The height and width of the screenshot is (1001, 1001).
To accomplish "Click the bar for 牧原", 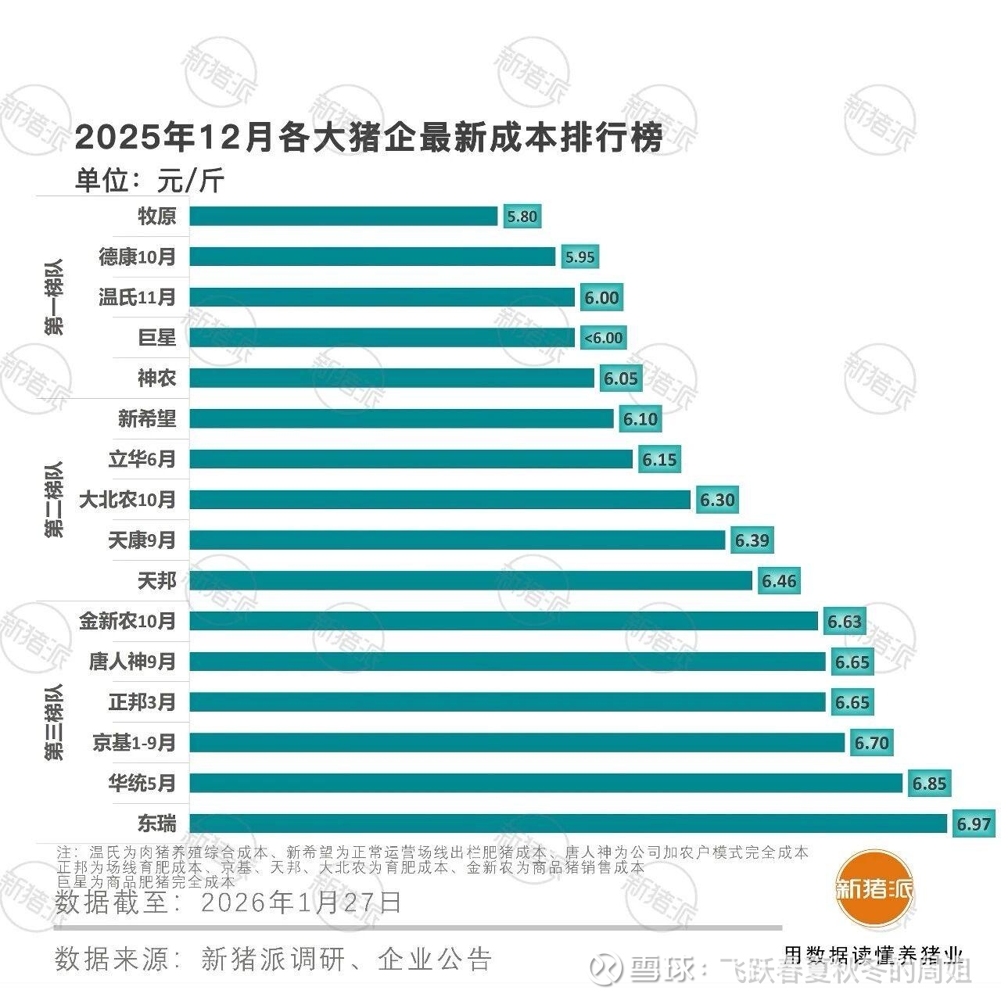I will [x=343, y=216].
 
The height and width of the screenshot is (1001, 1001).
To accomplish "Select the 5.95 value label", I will [x=579, y=257].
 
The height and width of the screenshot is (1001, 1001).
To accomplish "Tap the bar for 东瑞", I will [x=568, y=823].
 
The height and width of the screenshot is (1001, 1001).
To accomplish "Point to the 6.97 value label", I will [x=973, y=823].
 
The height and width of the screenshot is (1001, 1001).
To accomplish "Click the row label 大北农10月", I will [x=127, y=500].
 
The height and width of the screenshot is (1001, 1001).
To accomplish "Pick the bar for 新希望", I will [x=401, y=418].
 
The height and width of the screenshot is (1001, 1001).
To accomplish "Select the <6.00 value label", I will [x=602, y=338].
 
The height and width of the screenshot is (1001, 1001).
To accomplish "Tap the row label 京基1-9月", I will [x=135, y=742].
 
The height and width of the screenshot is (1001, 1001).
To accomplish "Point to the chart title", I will [x=368, y=138].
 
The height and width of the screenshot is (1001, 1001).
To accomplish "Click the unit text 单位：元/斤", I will [x=149, y=181].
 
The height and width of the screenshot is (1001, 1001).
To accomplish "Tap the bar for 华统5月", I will [x=546, y=783].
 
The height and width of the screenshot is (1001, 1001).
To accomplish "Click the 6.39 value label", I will [x=752, y=540].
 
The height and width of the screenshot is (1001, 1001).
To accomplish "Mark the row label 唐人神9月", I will [x=132, y=662].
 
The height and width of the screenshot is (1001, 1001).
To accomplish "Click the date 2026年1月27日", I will [x=301, y=902].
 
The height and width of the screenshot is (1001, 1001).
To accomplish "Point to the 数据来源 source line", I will [x=274, y=959].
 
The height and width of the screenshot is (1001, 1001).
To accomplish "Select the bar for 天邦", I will [x=470, y=580].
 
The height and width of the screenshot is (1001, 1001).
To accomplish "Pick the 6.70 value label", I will [x=871, y=742].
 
